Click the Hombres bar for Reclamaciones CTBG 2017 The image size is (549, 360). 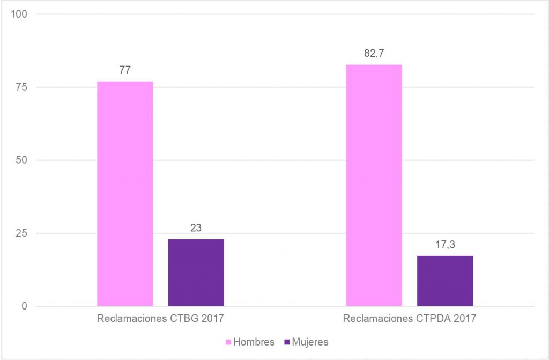coord(125,194)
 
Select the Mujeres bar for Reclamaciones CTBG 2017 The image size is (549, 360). coord(196,273)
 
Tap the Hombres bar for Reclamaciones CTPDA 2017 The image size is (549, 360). coord(374,185)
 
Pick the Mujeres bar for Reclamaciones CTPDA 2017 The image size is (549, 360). coord(445,281)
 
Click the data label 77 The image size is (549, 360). coord(125,70)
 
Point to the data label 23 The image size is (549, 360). coord(196,228)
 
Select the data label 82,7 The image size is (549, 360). coord(374,54)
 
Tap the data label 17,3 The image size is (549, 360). coord(445,245)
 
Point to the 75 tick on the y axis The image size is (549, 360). coord(22,87)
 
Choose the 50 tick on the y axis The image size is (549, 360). coord(22,160)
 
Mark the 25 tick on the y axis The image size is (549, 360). coord(22,233)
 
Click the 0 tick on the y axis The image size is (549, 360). coord(25,306)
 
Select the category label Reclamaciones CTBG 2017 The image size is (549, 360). coord(160,319)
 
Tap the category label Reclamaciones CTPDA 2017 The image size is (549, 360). coord(409,319)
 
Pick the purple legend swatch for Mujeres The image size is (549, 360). coord(285,342)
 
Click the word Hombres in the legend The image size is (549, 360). coord(254,342)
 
